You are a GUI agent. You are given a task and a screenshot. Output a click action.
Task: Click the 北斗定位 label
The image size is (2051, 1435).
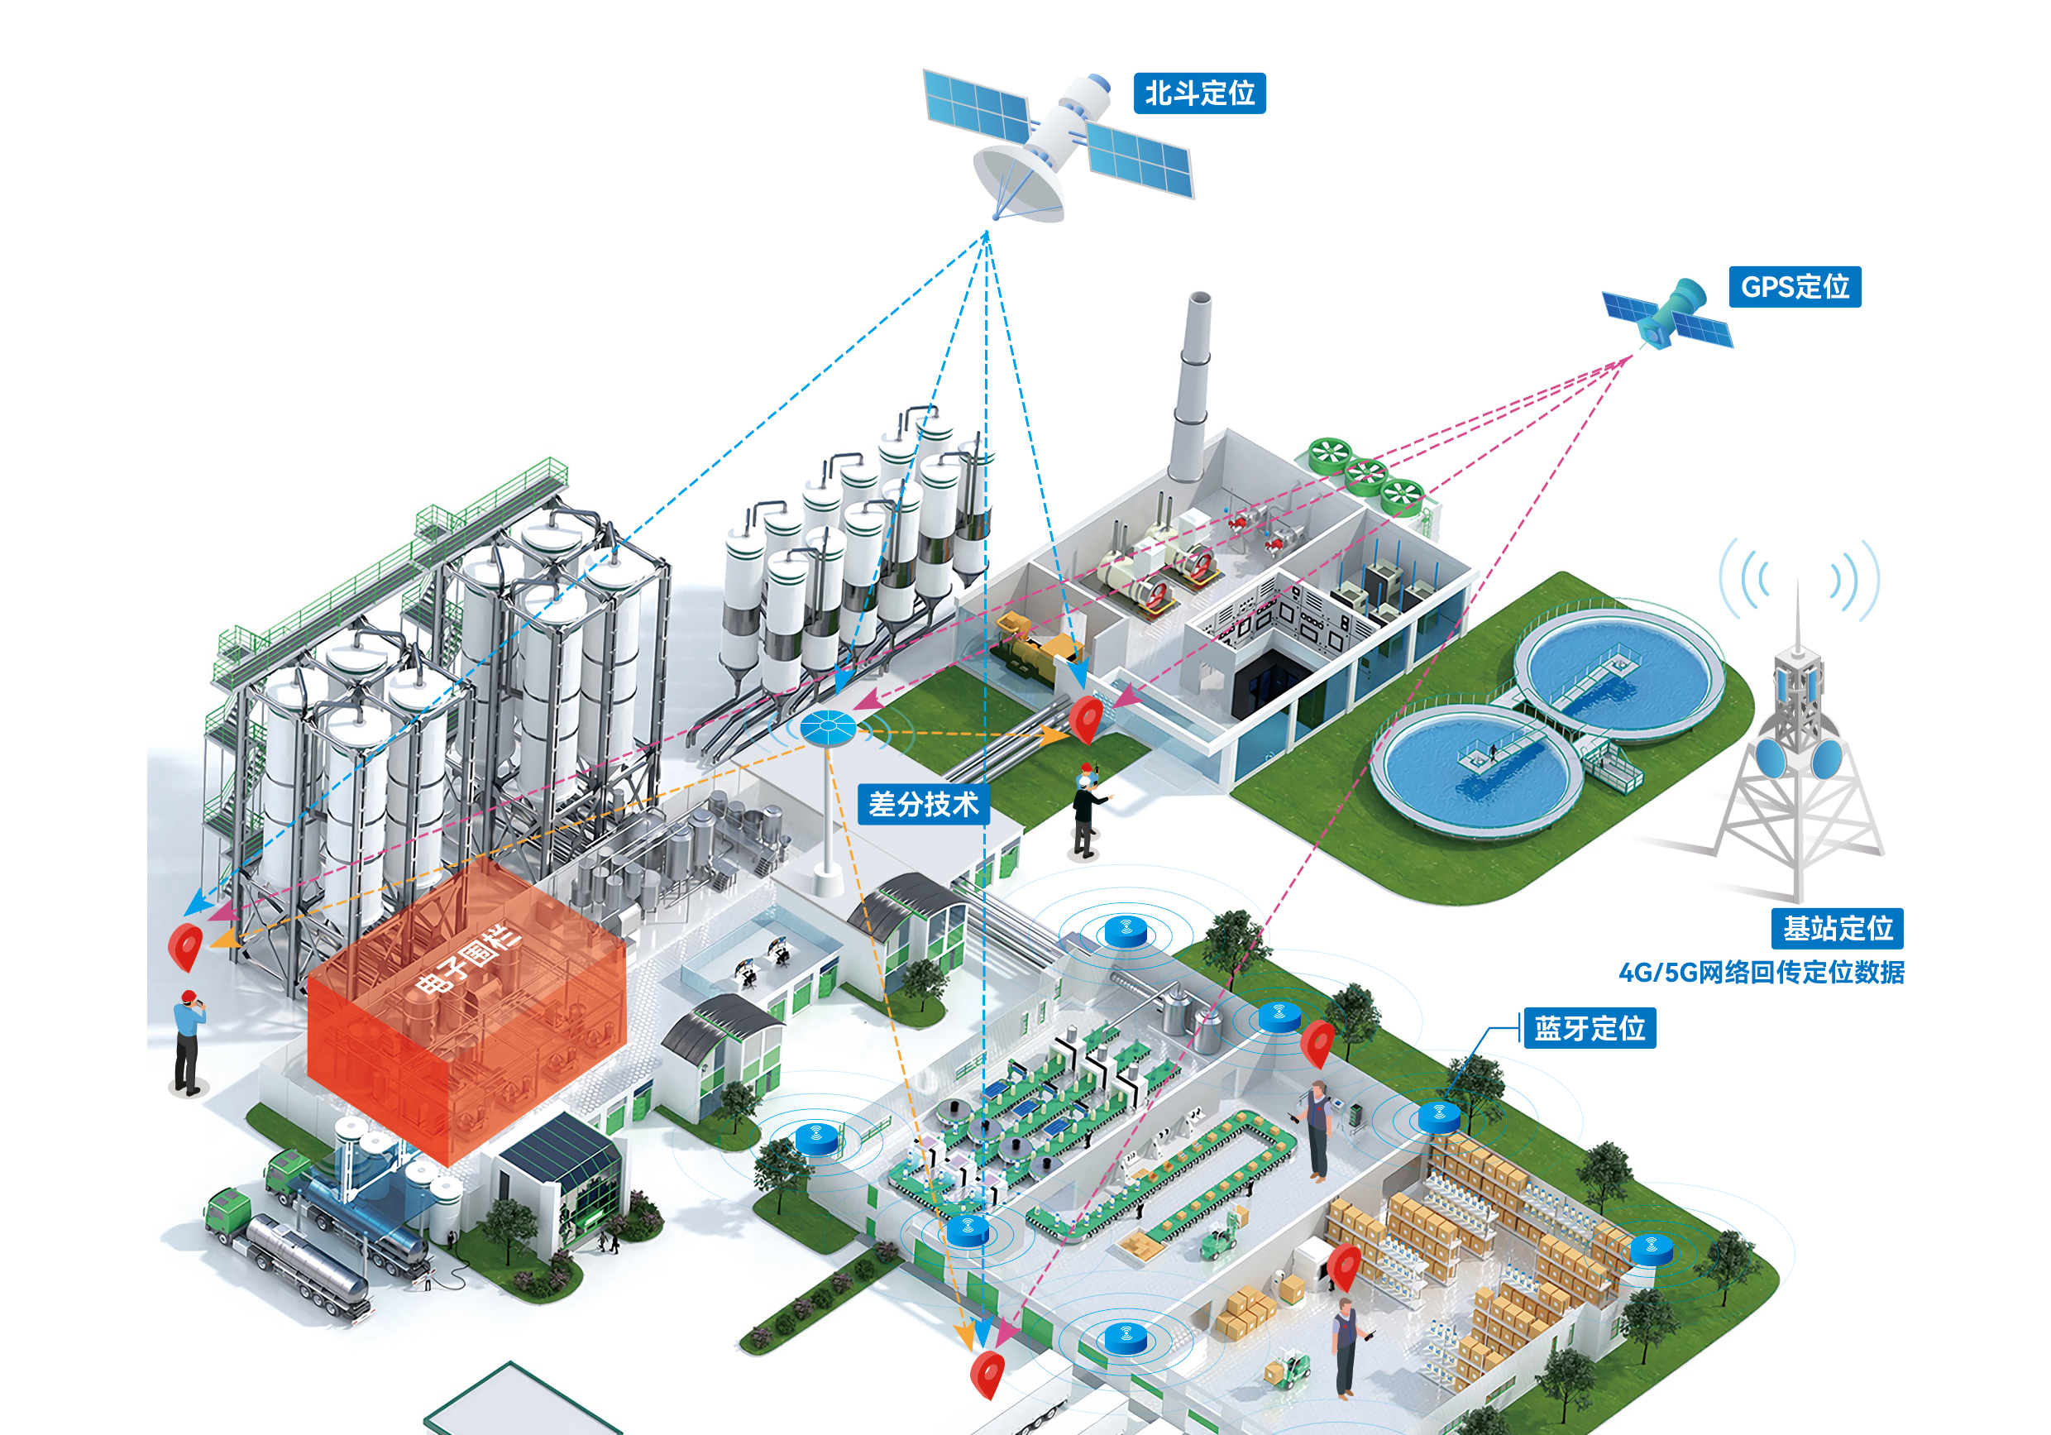[x=1199, y=93]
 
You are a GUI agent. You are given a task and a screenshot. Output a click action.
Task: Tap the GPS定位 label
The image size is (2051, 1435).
[x=1795, y=287]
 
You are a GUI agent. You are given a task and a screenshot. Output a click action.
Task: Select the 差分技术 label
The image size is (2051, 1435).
[x=923, y=804]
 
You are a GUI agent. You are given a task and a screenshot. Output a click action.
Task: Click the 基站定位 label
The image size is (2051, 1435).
[x=1838, y=928]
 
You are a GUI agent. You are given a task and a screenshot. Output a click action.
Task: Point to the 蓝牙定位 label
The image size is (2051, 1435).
[x=1590, y=1028]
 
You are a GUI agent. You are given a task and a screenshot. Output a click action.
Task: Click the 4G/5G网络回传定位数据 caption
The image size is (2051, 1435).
[x=1762, y=972]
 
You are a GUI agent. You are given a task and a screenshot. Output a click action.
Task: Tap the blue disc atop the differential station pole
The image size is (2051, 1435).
[x=828, y=727]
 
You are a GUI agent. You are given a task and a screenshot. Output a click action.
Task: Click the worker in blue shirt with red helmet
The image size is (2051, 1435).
[x=188, y=1041]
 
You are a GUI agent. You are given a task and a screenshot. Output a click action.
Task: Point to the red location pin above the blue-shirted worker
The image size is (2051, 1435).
[x=185, y=945]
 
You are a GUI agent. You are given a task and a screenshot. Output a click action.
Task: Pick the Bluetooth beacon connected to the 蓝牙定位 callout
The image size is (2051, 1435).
[x=1439, y=1117]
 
